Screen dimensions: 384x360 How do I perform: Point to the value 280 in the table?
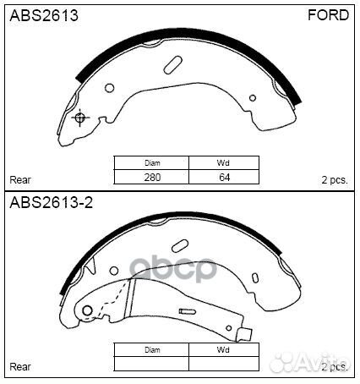tap(152, 178)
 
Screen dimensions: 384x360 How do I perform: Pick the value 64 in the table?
tap(224, 178)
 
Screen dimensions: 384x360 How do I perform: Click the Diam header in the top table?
tap(152, 163)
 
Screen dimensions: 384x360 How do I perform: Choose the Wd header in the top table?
tap(224, 163)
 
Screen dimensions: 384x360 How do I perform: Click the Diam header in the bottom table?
tap(152, 349)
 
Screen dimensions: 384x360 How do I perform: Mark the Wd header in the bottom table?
tap(224, 349)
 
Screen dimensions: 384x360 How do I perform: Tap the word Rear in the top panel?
tap(20, 179)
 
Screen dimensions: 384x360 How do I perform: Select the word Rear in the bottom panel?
tap(20, 366)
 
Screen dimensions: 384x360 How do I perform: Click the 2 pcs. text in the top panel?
tap(335, 179)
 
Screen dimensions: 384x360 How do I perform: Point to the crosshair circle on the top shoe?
tap(80, 118)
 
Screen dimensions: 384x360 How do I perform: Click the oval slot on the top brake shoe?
tap(175, 64)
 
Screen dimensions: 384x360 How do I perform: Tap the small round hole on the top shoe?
tap(110, 89)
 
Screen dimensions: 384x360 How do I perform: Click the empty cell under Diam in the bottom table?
tap(152, 364)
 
